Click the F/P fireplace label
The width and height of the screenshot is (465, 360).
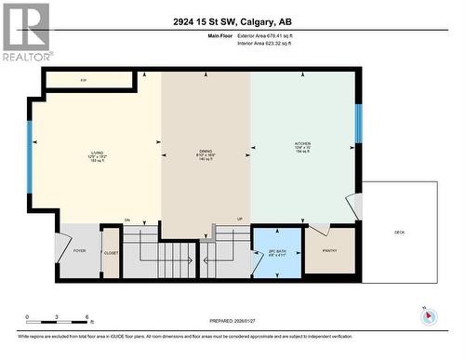click(x=84, y=81)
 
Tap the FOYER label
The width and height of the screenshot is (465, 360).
click(x=79, y=250)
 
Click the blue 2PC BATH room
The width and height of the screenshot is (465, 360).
click(x=277, y=252)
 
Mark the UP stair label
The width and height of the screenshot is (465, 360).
click(x=239, y=220)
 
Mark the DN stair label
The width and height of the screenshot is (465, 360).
click(x=127, y=220)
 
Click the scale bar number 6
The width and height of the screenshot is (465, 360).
click(x=86, y=318)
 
